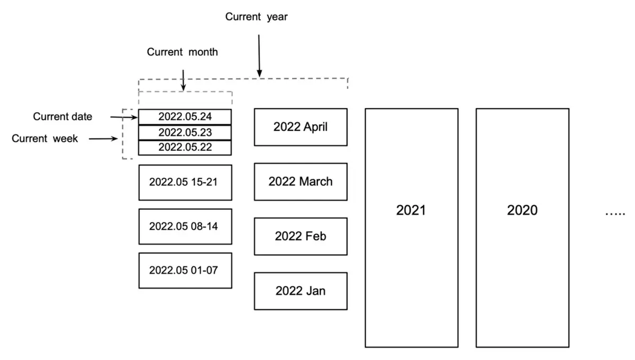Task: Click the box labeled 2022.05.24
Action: tap(185, 116)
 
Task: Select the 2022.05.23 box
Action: tap(185, 132)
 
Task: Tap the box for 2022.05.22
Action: tap(185, 147)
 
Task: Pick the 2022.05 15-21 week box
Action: tap(185, 182)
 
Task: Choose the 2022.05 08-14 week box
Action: tap(185, 226)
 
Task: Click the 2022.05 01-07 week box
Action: tap(185, 270)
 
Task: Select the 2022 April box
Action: tap(301, 127)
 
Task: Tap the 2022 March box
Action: tap(301, 182)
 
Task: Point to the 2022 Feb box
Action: tap(301, 236)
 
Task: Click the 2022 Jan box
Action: tap(301, 291)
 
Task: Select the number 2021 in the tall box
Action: tap(411, 210)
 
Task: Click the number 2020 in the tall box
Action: tap(522, 210)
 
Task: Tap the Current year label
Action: tap(257, 17)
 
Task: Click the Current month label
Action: tap(183, 52)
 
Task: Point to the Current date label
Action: tap(62, 116)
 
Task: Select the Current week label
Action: tap(45, 139)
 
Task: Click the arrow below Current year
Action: tap(259, 56)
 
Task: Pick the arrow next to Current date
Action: tap(124, 116)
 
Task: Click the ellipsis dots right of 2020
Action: tap(615, 213)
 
